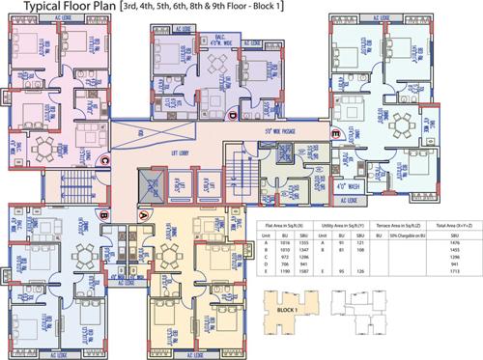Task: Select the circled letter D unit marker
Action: tap(232, 116)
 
